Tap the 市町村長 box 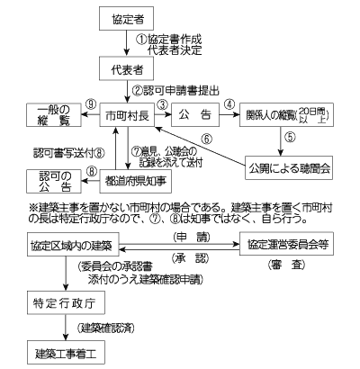pyautogui.click(x=124, y=116)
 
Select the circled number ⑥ pyautogui.click(x=206, y=139)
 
